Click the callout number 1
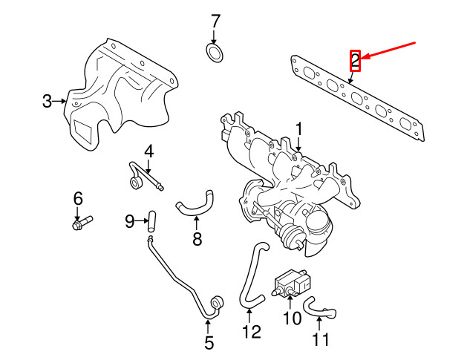click(298, 130)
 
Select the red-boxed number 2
click(355, 59)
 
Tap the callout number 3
click(47, 101)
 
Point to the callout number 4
click(148, 151)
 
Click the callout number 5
click(209, 343)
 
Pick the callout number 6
click(77, 198)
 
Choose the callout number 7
click(215, 20)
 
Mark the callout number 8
click(197, 238)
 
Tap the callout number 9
click(129, 220)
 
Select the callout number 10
click(291, 318)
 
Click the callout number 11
click(320, 341)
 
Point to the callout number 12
click(252, 332)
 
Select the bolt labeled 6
click(82, 221)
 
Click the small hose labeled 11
click(319, 306)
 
